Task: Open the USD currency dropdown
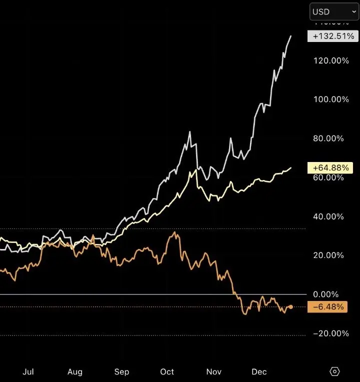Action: pyautogui.click(x=334, y=11)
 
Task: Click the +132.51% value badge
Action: pyautogui.click(x=333, y=36)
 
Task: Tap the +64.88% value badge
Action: pyautogui.click(x=331, y=168)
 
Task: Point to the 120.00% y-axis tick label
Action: pyautogui.click(x=331, y=60)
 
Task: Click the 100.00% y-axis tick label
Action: pyautogui.click(x=331, y=99)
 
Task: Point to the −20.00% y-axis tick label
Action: pyautogui.click(x=330, y=333)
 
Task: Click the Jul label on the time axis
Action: pyautogui.click(x=28, y=372)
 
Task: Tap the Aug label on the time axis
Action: pyautogui.click(x=75, y=372)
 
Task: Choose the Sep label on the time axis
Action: pyautogui.click(x=121, y=372)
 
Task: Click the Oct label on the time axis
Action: pyautogui.click(x=167, y=372)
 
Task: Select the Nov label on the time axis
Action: pyautogui.click(x=214, y=372)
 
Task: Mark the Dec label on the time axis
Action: pyautogui.click(x=259, y=372)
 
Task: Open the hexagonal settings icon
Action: pyautogui.click(x=335, y=371)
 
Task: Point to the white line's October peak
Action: pyautogui.click(x=190, y=132)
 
